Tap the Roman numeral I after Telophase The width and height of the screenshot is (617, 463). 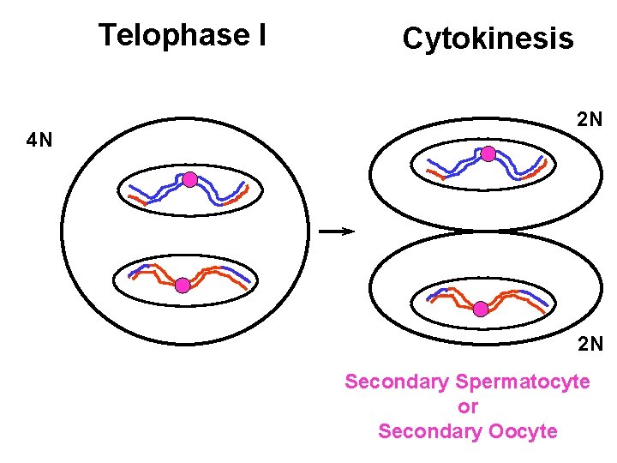pyautogui.click(x=260, y=35)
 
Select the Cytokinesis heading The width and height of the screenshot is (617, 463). pyautogui.click(x=488, y=39)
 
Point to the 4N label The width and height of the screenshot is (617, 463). pyautogui.click(x=39, y=141)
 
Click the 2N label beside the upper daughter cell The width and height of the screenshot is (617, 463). pyautogui.click(x=589, y=119)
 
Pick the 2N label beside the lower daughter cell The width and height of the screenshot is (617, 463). pyautogui.click(x=589, y=345)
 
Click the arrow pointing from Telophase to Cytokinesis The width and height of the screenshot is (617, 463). pyautogui.click(x=336, y=231)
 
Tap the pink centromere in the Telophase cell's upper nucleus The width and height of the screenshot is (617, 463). pyautogui.click(x=190, y=180)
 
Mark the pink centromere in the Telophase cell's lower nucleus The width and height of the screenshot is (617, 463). pyautogui.click(x=183, y=286)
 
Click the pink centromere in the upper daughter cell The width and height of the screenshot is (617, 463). pyautogui.click(x=488, y=154)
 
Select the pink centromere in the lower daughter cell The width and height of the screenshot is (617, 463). pyautogui.click(x=481, y=309)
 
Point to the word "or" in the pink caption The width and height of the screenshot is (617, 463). pyautogui.click(x=468, y=406)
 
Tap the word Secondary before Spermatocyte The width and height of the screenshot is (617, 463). pyautogui.click(x=398, y=382)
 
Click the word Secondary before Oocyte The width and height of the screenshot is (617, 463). pyautogui.click(x=430, y=431)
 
